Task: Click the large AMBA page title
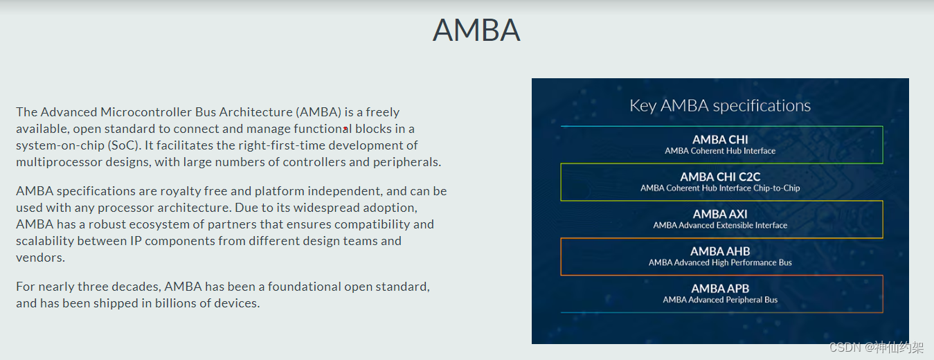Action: (x=476, y=30)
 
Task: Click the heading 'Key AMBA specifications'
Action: (x=719, y=106)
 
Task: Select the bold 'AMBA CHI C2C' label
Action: (x=720, y=177)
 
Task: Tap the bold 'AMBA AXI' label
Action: (x=720, y=214)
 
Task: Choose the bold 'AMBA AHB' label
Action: (x=720, y=251)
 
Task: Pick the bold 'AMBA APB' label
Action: (x=720, y=289)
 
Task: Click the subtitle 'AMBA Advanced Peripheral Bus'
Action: (x=720, y=300)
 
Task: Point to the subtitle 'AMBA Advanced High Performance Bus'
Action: (x=720, y=262)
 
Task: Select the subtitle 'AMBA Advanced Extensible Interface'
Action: (x=720, y=225)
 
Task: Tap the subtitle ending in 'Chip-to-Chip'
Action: (x=720, y=188)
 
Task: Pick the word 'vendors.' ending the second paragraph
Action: (x=40, y=258)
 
